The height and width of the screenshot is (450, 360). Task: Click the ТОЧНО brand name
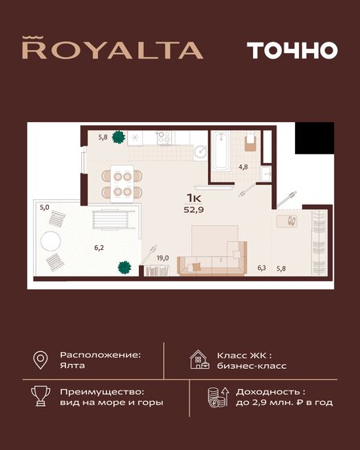tap(280, 49)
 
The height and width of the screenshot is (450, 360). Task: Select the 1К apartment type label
tap(194, 198)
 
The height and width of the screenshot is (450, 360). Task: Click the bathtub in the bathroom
tap(222, 150)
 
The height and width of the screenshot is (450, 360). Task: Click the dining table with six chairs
tap(123, 182)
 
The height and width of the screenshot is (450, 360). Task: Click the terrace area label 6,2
tap(98, 247)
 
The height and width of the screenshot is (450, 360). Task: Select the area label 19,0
tap(162, 258)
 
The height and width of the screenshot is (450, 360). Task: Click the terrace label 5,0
tap(44, 207)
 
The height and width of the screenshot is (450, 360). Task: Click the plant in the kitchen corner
tap(119, 137)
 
